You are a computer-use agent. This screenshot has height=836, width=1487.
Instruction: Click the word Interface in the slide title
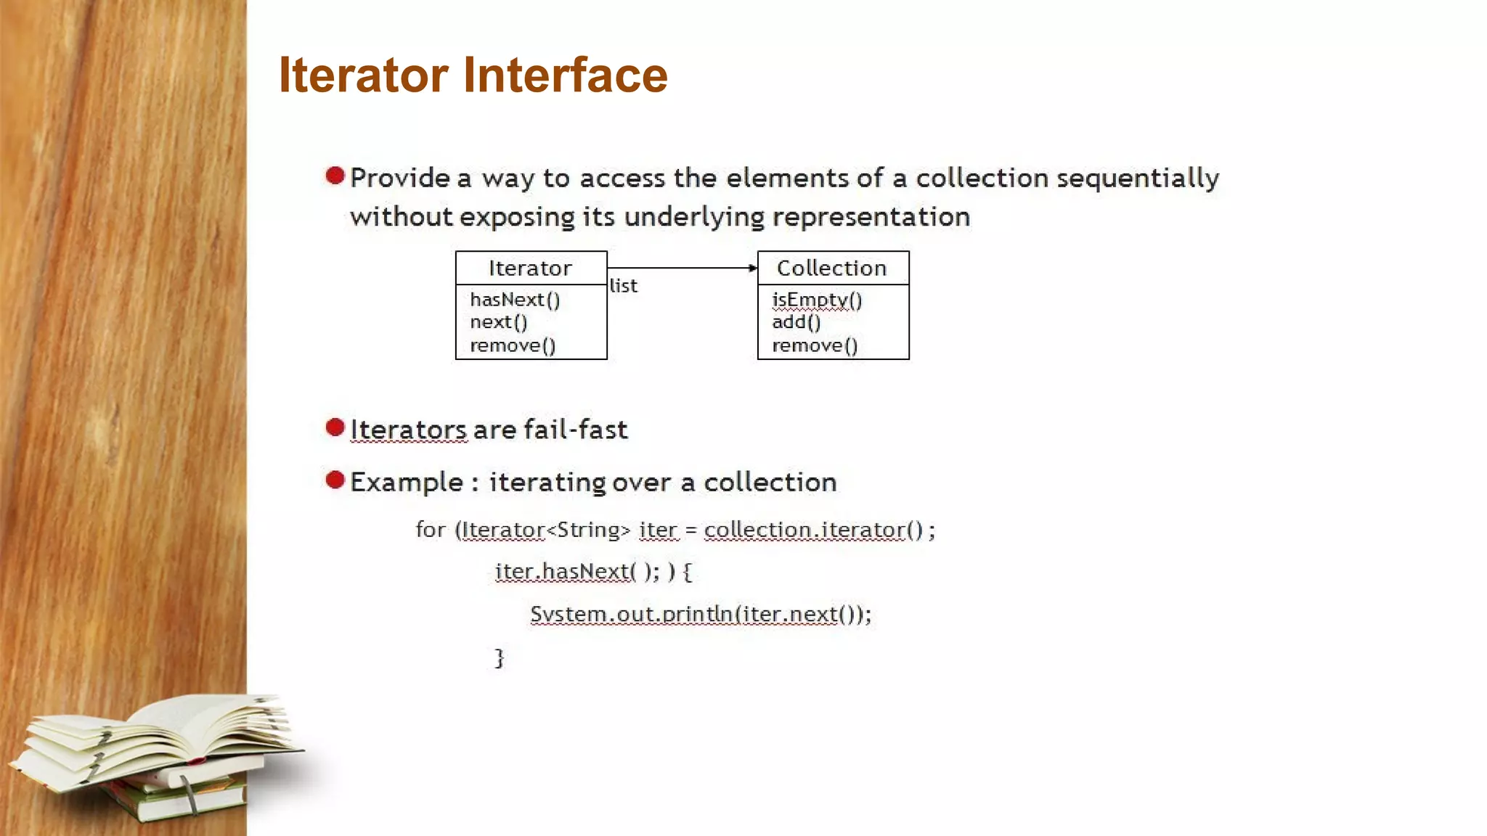(x=565, y=75)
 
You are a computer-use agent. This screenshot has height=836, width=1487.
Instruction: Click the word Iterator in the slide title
(x=363, y=75)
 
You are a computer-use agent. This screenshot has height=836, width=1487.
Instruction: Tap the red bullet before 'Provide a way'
(x=335, y=176)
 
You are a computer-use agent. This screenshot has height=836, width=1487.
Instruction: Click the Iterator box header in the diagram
(x=531, y=269)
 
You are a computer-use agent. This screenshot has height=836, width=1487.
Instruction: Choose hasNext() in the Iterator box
(x=515, y=300)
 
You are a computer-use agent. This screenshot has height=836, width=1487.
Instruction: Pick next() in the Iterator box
(x=498, y=322)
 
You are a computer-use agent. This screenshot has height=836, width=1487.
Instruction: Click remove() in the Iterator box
(x=513, y=345)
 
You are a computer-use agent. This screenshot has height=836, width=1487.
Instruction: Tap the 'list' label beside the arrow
(x=623, y=286)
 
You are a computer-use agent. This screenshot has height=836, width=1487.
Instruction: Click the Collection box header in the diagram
(x=832, y=269)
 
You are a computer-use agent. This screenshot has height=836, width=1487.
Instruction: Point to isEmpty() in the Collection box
(x=816, y=300)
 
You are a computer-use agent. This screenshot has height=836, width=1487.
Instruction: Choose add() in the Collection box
(x=796, y=322)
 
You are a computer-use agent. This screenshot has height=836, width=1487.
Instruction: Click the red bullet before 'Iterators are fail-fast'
(x=335, y=427)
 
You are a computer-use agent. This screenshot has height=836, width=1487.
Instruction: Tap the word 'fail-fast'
(x=575, y=430)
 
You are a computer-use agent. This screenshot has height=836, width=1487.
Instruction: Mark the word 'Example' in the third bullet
(x=407, y=483)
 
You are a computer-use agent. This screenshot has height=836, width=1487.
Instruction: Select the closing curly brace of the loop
(x=499, y=657)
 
